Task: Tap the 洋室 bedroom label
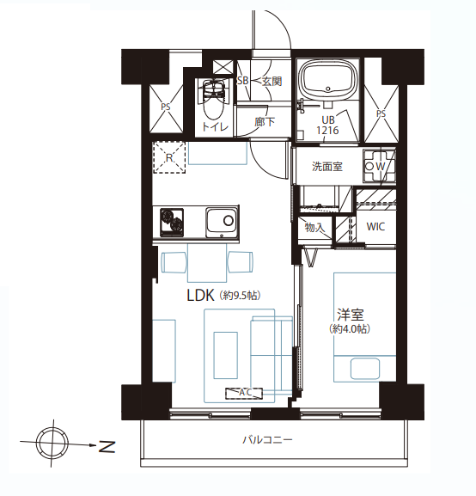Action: tap(350, 315)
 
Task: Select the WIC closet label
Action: tap(375, 227)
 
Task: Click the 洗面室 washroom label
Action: tap(326, 167)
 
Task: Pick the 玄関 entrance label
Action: tap(272, 82)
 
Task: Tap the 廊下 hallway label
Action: tap(265, 124)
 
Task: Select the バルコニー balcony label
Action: tap(267, 440)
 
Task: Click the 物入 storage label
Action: tap(314, 228)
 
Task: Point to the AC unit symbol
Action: tap(244, 393)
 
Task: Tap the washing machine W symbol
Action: tap(379, 165)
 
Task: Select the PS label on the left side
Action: tap(164, 107)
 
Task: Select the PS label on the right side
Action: tap(380, 113)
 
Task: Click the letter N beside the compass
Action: tap(106, 446)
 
